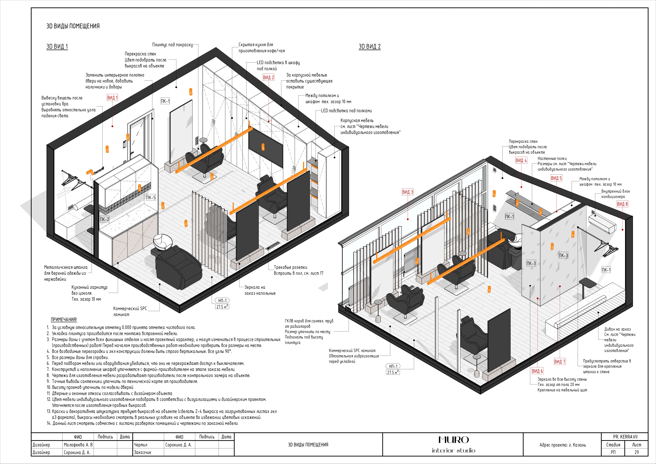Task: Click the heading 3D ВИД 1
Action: click(x=57, y=47)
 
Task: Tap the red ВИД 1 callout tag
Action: click(x=112, y=98)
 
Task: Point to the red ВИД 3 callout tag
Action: click(x=407, y=192)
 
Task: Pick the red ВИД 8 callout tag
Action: click(x=622, y=204)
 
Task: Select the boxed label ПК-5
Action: click(x=151, y=197)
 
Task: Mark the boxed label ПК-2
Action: click(x=104, y=219)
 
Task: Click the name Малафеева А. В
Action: click(x=78, y=445)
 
